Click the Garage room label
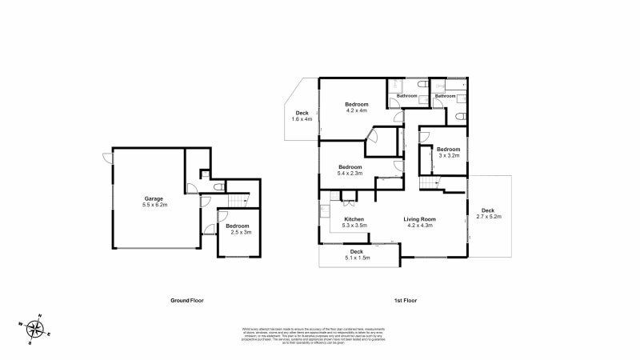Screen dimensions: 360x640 point(153,198)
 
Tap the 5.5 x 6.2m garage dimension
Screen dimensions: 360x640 point(153,205)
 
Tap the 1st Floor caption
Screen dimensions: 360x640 point(406,300)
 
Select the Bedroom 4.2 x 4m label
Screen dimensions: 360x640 point(357,108)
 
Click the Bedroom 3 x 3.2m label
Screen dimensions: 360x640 point(448,152)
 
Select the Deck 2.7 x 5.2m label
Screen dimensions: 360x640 point(488,213)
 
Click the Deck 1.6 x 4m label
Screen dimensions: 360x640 point(302,116)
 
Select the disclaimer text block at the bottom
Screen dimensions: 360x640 point(319,334)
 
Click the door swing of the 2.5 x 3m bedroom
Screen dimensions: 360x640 point(209,231)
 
